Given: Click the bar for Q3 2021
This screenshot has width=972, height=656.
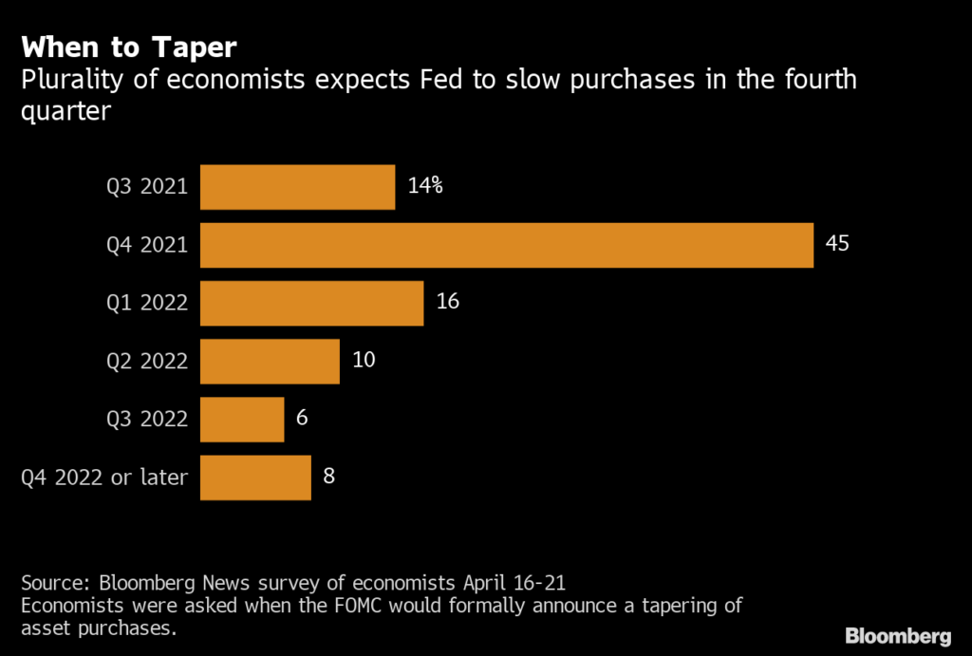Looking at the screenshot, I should tap(297, 187).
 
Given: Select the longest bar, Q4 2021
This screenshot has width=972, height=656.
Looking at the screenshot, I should tap(507, 245).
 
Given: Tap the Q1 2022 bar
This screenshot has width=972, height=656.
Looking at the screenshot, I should tap(311, 303).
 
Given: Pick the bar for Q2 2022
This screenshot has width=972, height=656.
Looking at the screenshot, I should tap(270, 361).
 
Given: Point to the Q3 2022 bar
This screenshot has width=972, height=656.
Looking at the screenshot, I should tap(242, 419).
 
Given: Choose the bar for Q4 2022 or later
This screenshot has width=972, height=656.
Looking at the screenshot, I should tap(255, 477).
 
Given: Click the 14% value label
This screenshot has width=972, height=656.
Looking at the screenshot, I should tap(424, 186).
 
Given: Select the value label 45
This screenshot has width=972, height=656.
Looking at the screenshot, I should tap(836, 244).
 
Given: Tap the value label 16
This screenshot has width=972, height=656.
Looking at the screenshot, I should tap(448, 302).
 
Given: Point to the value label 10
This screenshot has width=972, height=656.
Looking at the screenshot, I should tap(364, 360).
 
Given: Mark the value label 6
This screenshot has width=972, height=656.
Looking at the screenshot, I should tap(301, 418).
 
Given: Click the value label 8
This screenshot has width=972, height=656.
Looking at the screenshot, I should tap(328, 476).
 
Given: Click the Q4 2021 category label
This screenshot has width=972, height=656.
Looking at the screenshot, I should tap(147, 245).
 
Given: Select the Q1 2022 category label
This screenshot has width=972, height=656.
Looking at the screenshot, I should tap(147, 303).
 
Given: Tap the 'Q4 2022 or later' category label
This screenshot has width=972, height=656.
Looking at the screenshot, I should tap(104, 477).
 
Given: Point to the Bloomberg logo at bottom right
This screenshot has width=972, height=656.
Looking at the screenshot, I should tap(898, 634).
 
